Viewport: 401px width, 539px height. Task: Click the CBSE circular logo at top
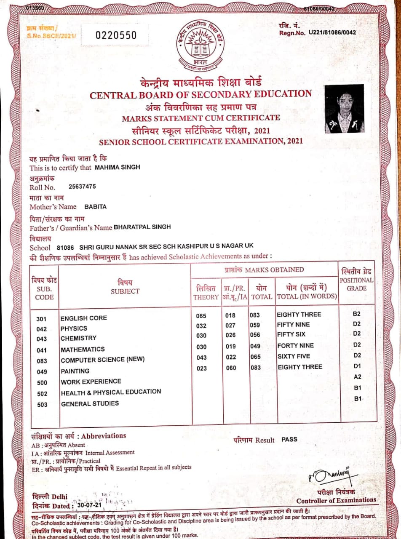coord(200,43)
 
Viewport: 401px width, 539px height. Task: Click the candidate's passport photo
coord(344,109)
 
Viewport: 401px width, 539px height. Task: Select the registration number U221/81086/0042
coord(332,32)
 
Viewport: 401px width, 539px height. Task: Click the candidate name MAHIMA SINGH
coord(118,167)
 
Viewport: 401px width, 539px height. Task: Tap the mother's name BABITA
coord(96,206)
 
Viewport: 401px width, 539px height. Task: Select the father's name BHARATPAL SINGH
coord(142,227)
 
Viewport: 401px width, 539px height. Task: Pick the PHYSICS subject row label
coord(74,328)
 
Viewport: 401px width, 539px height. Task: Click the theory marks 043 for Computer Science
coord(201,357)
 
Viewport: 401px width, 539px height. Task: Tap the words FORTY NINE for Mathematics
coord(295,346)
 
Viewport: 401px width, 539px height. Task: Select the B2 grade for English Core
coord(357,314)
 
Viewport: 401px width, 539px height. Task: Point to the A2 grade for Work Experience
coord(358,376)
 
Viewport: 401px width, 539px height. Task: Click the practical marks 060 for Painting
coord(230,368)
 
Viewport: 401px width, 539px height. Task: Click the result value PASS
coord(289,439)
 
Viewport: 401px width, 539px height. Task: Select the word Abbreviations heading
coord(104,436)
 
